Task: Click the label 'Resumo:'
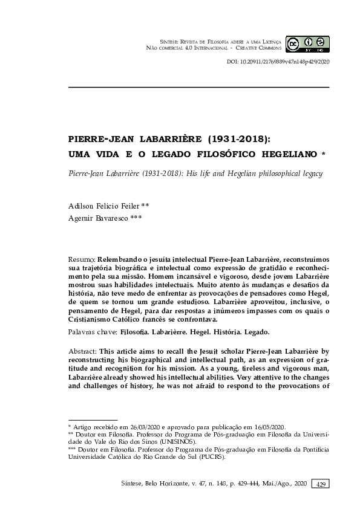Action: point(83,258)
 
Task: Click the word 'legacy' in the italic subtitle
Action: point(309,173)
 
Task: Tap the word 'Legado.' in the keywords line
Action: point(255,332)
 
